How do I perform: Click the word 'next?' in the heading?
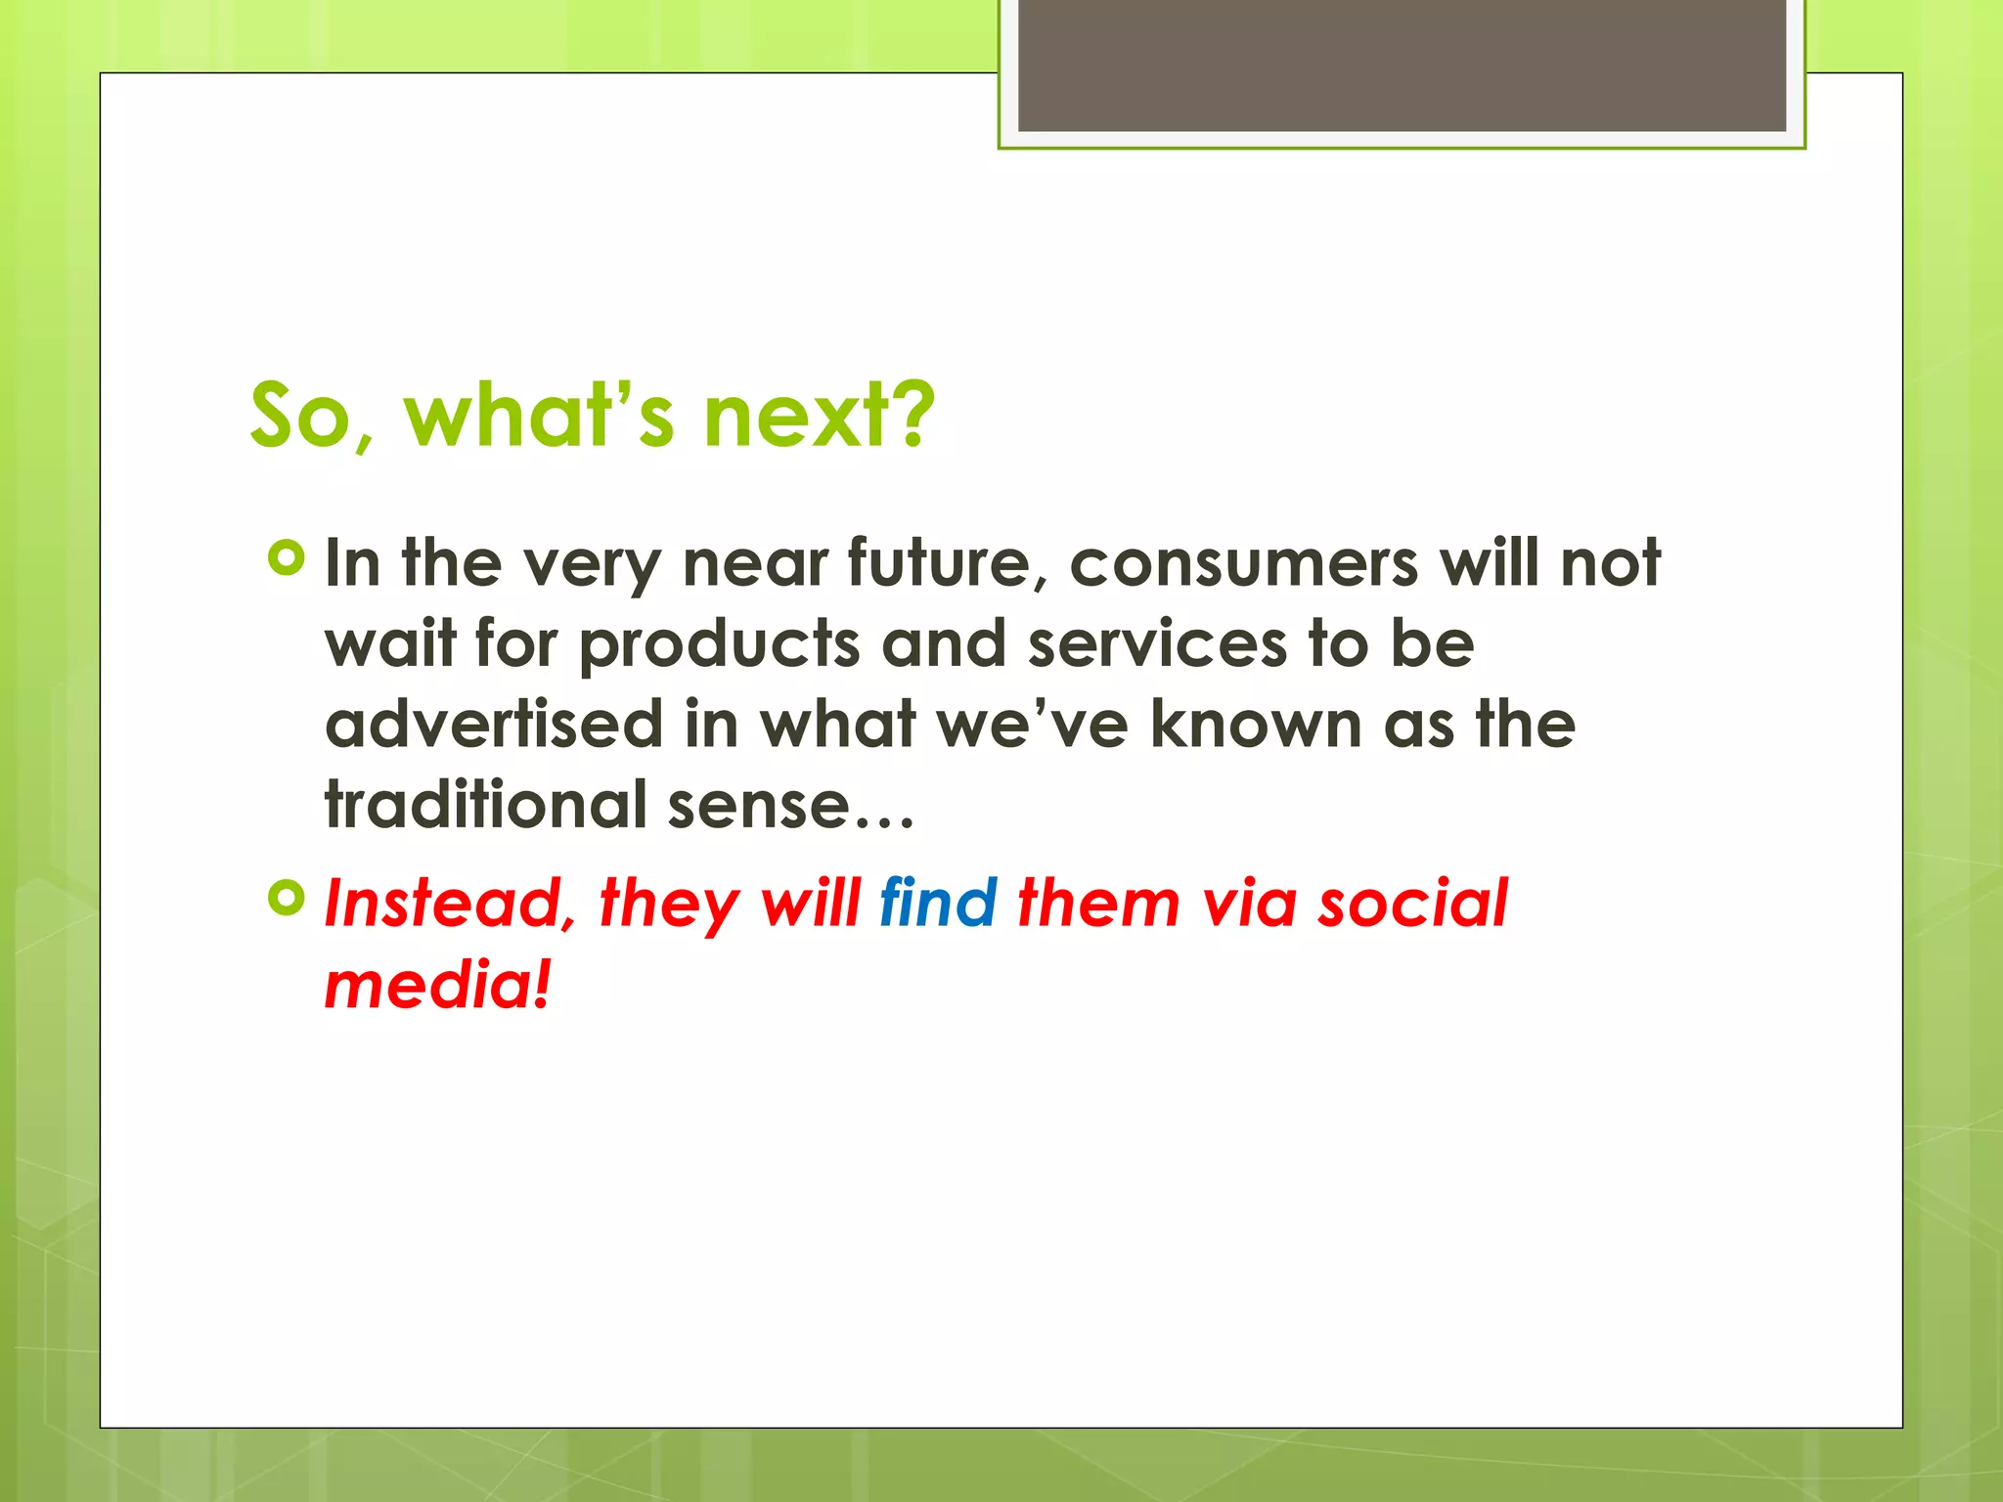(820, 416)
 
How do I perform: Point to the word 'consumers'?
(1243, 564)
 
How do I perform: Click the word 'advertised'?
(494, 725)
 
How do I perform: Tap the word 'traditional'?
(485, 805)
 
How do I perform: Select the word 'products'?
(719, 645)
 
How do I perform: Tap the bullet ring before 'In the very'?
(286, 559)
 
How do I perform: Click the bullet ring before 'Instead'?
(286, 898)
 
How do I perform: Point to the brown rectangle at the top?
(1402, 66)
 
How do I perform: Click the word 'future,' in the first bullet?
(948, 564)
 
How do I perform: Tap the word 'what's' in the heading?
(539, 416)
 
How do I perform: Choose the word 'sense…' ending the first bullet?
(790, 805)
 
